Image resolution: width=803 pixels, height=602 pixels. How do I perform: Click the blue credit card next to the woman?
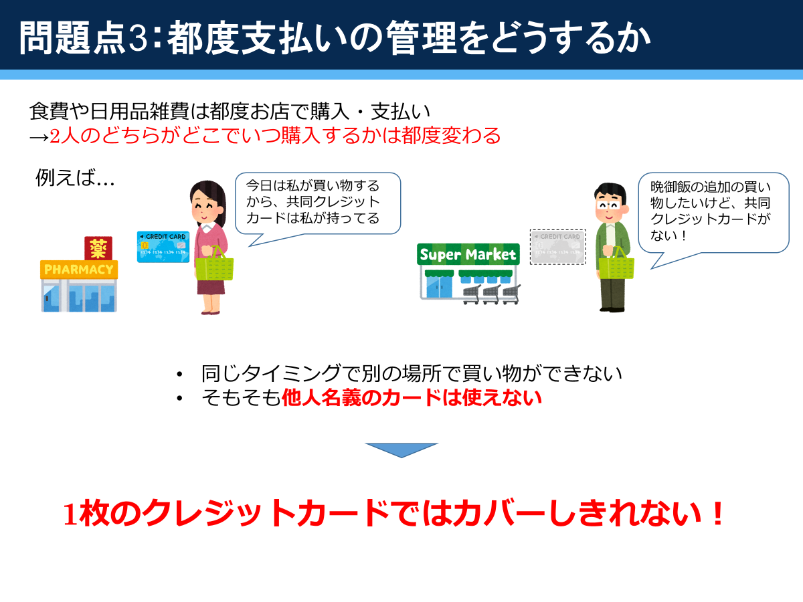(163, 247)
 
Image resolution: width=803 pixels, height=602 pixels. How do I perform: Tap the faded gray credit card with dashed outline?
(558, 247)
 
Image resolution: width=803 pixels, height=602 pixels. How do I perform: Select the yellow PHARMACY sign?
(79, 270)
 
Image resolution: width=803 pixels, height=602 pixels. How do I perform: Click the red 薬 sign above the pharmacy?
(98, 248)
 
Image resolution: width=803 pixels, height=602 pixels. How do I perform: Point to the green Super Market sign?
(468, 254)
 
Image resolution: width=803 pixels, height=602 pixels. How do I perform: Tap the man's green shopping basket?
(616, 265)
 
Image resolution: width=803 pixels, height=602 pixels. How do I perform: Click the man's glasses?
(608, 205)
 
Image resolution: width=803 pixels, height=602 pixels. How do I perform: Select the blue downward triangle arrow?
(401, 450)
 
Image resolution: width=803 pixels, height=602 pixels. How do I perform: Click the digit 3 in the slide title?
(139, 38)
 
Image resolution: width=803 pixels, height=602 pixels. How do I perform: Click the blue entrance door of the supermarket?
(439, 287)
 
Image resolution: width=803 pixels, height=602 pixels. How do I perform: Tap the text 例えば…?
(75, 178)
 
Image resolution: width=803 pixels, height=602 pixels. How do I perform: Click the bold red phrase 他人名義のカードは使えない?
(412, 398)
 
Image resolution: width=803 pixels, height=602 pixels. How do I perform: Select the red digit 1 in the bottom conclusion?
(71, 514)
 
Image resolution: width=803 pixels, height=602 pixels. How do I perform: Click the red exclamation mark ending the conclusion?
(718, 513)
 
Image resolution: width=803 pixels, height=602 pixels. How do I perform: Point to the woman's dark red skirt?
(211, 288)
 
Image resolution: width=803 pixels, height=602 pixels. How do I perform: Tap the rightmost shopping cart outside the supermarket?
(511, 294)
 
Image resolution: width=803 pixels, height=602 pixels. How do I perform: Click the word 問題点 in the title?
(72, 38)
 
